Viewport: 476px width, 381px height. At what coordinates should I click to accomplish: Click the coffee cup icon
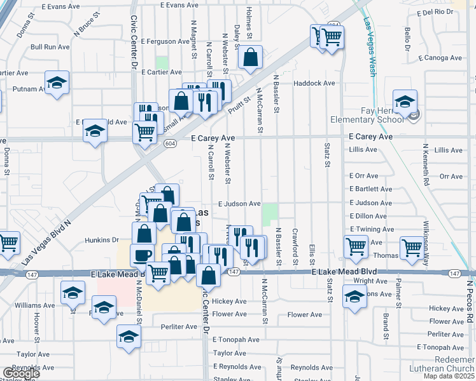(x=143, y=255)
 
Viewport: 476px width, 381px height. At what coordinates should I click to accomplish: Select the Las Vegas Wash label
(x=368, y=48)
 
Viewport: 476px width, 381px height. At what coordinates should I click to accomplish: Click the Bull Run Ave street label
(x=50, y=47)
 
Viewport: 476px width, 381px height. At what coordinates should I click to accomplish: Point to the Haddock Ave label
(x=314, y=83)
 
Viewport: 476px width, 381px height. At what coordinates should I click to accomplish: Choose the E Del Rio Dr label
(x=438, y=13)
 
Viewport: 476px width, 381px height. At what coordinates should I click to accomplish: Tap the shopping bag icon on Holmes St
(x=251, y=57)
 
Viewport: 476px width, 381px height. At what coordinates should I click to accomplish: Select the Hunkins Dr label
(x=102, y=241)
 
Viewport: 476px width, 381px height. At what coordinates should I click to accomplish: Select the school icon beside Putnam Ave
(x=57, y=83)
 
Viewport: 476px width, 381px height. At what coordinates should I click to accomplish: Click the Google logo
(x=21, y=373)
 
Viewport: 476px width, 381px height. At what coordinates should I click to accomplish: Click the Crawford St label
(x=295, y=247)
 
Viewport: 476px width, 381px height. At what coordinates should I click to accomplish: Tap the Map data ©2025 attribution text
(x=448, y=376)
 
